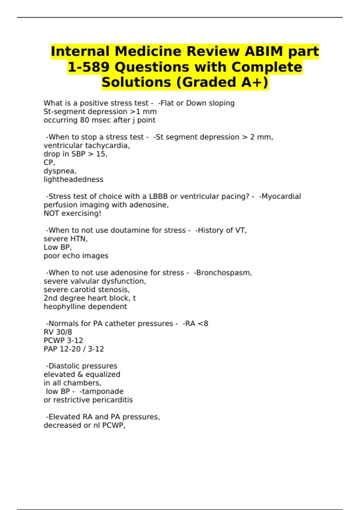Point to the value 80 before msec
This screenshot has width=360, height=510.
point(84,120)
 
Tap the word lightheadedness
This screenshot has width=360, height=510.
point(73,179)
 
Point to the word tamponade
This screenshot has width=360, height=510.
point(103,391)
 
